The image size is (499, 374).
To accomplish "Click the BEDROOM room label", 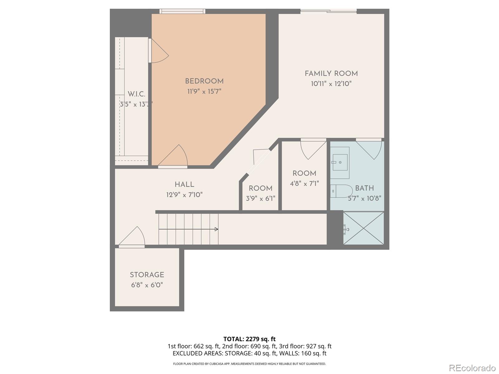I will click(204, 81).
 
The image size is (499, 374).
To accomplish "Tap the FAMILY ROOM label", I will click(331, 74).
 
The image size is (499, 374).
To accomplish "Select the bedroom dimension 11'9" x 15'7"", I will click(204, 92).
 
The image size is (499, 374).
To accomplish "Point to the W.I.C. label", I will click(136, 94).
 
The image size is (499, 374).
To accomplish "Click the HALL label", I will click(184, 185).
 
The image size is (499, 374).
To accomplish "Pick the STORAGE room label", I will click(147, 275).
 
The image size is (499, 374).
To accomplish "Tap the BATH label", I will click(364, 188).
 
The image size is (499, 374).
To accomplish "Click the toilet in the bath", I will click(341, 191).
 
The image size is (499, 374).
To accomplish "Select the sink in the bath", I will click(340, 162).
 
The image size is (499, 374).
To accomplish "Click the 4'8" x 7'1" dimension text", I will click(304, 184).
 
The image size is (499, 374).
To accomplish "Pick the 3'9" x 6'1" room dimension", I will click(260, 199).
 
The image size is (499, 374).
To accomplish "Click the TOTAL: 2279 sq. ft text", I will click(249, 339).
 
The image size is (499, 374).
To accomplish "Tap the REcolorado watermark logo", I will click(472, 368).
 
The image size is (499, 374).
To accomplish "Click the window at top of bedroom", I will click(182, 12).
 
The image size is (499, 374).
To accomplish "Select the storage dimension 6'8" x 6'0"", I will click(147, 285).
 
